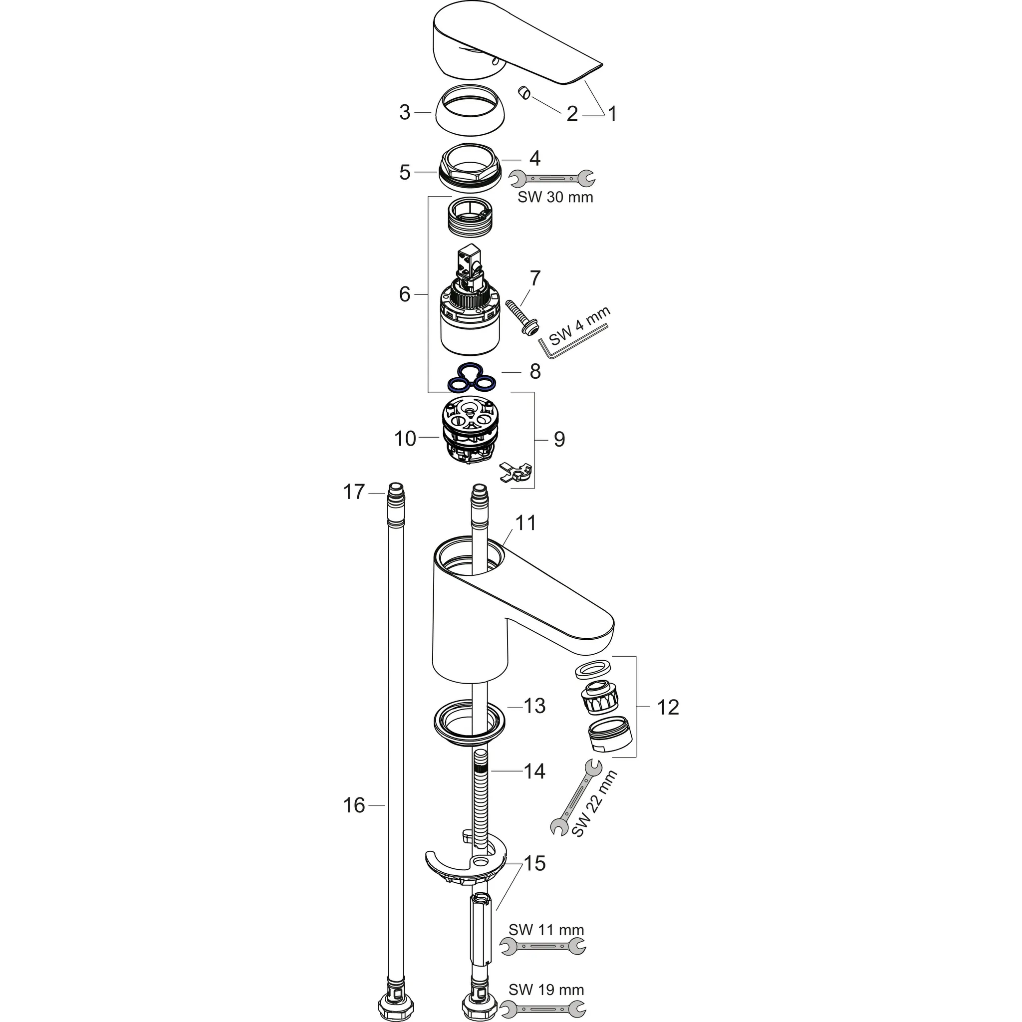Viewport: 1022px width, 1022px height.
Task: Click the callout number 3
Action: pyautogui.click(x=405, y=113)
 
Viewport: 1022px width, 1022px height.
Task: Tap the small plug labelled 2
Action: pyautogui.click(x=524, y=94)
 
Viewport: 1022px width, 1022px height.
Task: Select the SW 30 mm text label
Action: pyautogui.click(x=555, y=197)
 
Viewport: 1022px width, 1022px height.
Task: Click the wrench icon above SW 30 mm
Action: pyautogui.click(x=552, y=178)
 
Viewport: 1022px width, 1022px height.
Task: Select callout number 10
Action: pyautogui.click(x=405, y=439)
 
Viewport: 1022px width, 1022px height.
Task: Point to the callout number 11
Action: pyautogui.click(x=526, y=522)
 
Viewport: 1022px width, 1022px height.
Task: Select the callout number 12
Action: pyautogui.click(x=668, y=707)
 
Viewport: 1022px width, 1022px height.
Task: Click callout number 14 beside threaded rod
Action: pyautogui.click(x=534, y=771)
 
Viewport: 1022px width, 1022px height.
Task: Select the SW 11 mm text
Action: pyautogui.click(x=546, y=929)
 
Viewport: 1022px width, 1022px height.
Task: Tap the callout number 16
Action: pyautogui.click(x=354, y=805)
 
